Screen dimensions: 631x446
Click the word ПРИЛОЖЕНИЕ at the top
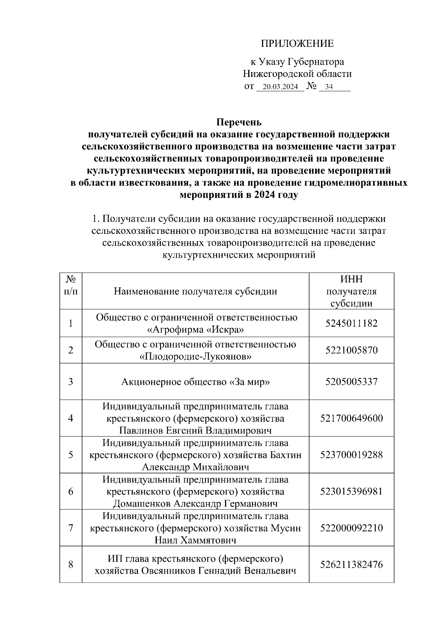coord(297,44)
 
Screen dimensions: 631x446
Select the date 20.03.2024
coord(280,87)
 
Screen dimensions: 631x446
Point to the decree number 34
coord(329,87)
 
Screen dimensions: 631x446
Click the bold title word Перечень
coord(239,122)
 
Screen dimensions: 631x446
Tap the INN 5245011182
coord(351,323)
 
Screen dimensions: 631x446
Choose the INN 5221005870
coord(351,350)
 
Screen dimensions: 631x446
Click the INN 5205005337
coord(351,382)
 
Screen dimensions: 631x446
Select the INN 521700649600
coord(351,418)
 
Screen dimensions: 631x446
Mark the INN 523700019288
coord(351,455)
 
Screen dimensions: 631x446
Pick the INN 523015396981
coord(351,492)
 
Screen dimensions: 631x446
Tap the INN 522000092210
coord(351,528)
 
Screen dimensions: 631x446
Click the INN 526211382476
coord(351,564)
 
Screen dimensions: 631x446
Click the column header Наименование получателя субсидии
coord(195,291)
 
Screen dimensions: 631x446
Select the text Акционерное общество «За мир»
coord(195,382)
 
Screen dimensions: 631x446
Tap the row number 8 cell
coord(71,564)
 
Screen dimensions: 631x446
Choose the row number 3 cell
coord(71,382)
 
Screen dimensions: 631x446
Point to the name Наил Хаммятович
coord(195,540)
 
